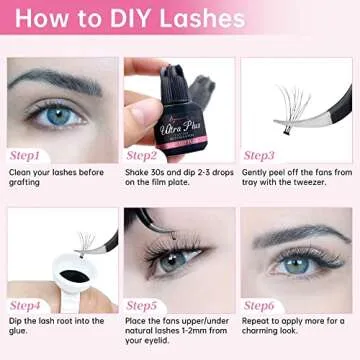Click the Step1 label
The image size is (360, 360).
25,156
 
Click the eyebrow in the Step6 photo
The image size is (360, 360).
300,236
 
